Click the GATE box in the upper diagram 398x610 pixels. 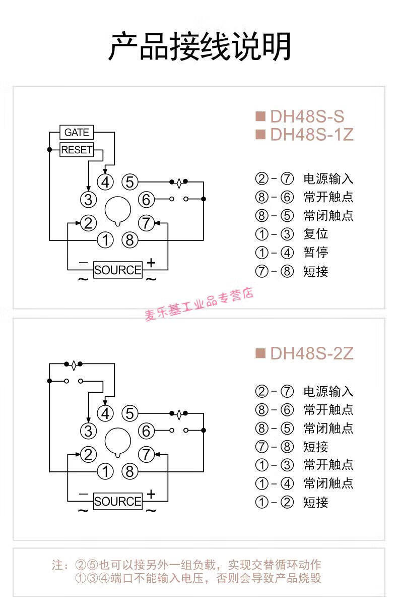click(77, 133)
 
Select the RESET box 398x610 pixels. click(77, 150)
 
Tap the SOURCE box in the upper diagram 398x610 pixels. click(118, 270)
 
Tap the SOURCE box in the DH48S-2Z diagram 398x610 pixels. click(118, 501)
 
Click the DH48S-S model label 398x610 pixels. click(307, 116)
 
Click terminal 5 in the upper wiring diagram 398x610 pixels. click(130, 181)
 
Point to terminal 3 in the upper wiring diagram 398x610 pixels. click(88, 200)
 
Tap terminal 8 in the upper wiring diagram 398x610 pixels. click(130, 240)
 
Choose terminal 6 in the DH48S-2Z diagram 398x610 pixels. click(146, 432)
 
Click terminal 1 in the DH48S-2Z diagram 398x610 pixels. click(105, 472)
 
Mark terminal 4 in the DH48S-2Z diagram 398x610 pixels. click(105, 413)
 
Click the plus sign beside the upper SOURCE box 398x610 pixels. click(151, 263)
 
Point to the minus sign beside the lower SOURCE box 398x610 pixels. click(84, 494)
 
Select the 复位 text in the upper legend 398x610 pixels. click(316, 234)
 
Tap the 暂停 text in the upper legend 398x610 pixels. click(316, 253)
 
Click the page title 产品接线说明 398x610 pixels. click(200, 47)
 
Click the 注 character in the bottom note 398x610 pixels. click(58, 565)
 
